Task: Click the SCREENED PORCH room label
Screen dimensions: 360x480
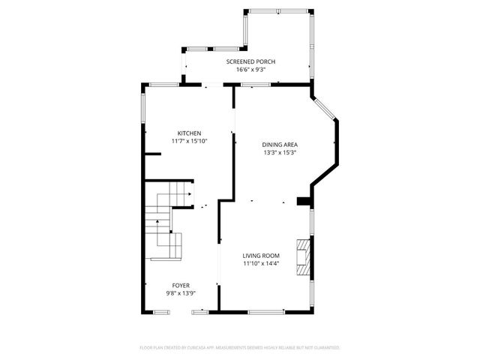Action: (x=251, y=61)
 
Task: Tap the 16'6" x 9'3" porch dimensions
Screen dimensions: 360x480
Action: (x=251, y=70)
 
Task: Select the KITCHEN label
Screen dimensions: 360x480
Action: (x=189, y=133)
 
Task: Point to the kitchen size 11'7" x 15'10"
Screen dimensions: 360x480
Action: (x=189, y=141)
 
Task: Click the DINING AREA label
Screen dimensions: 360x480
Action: (x=280, y=145)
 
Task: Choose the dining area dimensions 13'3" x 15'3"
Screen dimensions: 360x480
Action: (x=280, y=153)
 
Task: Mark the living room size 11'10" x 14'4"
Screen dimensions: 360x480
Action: (x=260, y=264)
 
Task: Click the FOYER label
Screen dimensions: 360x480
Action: (x=181, y=285)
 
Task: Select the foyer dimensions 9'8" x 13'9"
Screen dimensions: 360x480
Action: (x=181, y=292)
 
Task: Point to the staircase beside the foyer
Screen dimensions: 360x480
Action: (x=165, y=225)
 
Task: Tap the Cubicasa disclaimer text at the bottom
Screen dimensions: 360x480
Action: (x=240, y=348)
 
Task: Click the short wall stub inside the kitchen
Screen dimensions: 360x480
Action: (x=152, y=154)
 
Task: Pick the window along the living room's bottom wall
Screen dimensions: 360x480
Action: (x=266, y=311)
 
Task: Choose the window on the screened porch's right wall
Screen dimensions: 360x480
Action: (x=310, y=45)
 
